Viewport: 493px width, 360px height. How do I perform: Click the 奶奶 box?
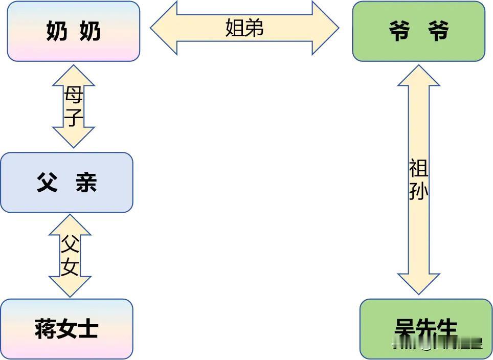point(73,31)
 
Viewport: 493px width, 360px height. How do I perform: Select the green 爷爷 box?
point(418,31)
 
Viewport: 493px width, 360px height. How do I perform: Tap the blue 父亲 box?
point(66,183)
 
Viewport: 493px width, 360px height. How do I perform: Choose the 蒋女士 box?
point(66,328)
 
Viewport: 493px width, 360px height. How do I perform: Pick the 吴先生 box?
point(425,329)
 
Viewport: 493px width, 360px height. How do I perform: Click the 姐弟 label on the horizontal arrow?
point(244,28)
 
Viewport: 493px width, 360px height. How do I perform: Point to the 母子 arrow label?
point(74,106)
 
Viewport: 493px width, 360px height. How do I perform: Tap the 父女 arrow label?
point(70,256)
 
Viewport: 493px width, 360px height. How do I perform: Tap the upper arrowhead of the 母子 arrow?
point(74,75)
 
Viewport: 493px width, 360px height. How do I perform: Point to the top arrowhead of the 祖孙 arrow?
point(418,75)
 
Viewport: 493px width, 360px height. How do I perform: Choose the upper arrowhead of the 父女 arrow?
point(70,225)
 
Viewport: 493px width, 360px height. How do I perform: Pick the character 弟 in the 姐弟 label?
point(254,28)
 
